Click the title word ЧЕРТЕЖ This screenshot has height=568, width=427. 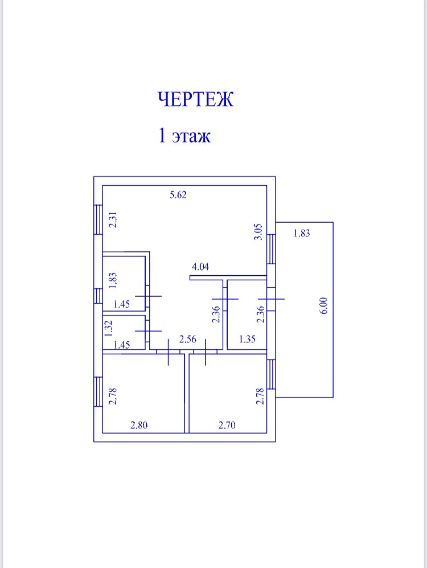tap(195, 100)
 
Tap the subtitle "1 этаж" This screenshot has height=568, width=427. tap(184, 137)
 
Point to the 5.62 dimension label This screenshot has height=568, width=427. tap(178, 195)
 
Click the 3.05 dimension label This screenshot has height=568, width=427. tap(257, 232)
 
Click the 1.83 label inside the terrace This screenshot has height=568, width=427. tap(301, 233)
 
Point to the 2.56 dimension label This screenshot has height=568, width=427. tap(188, 340)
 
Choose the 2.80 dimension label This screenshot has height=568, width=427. tap(140, 424)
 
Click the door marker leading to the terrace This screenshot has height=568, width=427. tap(271, 298)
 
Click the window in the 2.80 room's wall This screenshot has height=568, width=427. tap(98, 393)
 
